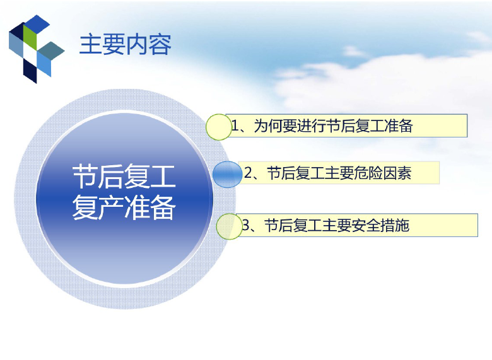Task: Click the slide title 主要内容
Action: [x=125, y=45]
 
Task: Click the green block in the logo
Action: [x=30, y=37]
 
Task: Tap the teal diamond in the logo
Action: [x=52, y=50]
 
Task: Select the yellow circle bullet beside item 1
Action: [x=219, y=127]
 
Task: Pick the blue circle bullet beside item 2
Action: [x=228, y=175]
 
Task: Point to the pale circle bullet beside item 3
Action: [x=229, y=226]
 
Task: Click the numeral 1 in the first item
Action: [x=235, y=126]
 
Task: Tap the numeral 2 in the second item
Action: [x=248, y=173]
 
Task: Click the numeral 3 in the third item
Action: [x=246, y=226]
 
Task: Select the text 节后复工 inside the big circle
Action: [x=124, y=177]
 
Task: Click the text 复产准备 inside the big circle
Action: [x=124, y=207]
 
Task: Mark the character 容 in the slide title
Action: [x=160, y=45]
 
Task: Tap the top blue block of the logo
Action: [x=37, y=24]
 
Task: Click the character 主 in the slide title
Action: [x=91, y=45]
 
